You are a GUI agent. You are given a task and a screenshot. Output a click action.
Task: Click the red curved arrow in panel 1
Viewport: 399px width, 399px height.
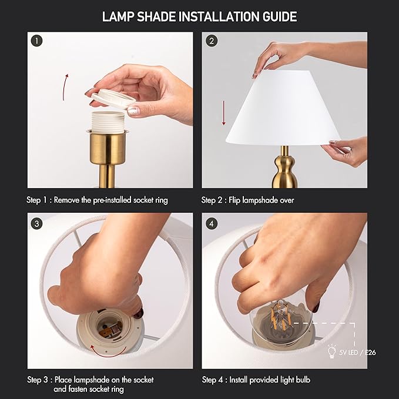[65, 87]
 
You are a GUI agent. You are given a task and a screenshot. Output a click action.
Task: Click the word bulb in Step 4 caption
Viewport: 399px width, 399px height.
[300, 380]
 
